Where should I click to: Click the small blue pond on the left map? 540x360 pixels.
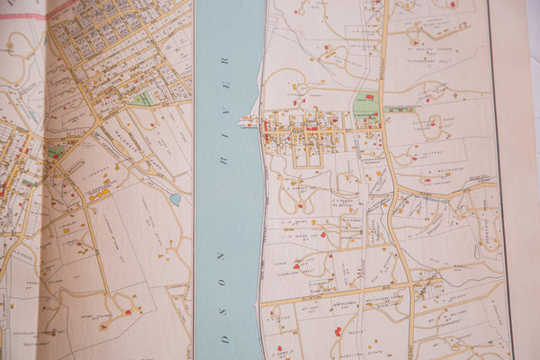[175, 199]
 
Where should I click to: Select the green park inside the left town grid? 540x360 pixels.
[142, 98]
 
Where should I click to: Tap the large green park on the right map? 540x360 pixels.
[365, 107]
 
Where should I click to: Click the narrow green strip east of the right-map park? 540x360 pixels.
[400, 110]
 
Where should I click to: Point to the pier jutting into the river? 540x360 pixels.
[247, 121]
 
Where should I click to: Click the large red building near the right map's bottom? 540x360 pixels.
[337, 331]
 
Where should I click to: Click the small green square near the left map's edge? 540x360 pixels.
[53, 152]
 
